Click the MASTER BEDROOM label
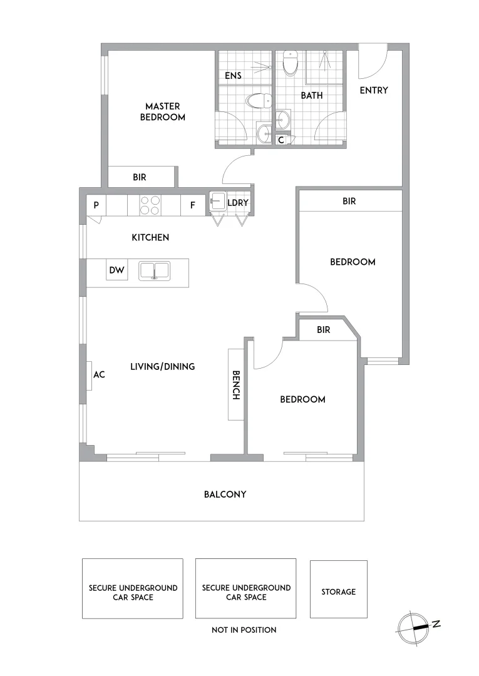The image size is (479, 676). click(x=162, y=111)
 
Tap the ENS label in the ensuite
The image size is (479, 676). click(x=234, y=76)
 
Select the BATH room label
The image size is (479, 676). click(x=312, y=96)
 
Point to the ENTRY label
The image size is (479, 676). click(x=374, y=90)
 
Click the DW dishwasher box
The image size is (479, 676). click(x=117, y=270)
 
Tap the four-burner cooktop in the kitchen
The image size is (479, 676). click(x=150, y=205)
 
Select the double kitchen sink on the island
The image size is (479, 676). click(x=154, y=271)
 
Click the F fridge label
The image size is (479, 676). click(x=192, y=205)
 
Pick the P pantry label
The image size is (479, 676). click(x=96, y=205)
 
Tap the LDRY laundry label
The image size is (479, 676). click(x=238, y=203)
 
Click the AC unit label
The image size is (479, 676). click(x=98, y=375)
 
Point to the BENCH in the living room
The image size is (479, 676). click(x=236, y=385)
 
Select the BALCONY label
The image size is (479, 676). click(x=225, y=494)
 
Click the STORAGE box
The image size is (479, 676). click(x=339, y=591)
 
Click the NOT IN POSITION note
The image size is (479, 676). click(x=244, y=630)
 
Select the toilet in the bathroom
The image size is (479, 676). click(x=291, y=62)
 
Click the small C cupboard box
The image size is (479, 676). click(x=281, y=140)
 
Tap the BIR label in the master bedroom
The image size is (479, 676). click(x=140, y=177)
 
